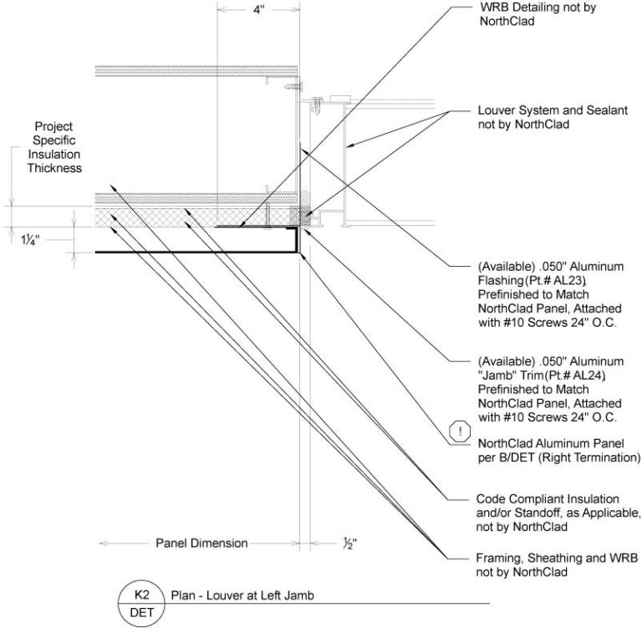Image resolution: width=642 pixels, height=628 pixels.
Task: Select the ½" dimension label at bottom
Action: click(349, 544)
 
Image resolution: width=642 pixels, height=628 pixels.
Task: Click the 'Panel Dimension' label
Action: click(201, 544)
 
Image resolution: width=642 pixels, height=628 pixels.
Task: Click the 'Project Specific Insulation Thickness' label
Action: click(53, 148)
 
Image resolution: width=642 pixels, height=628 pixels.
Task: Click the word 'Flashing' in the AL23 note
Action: click(497, 282)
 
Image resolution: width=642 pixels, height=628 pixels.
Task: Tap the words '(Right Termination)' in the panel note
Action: click(598, 458)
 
